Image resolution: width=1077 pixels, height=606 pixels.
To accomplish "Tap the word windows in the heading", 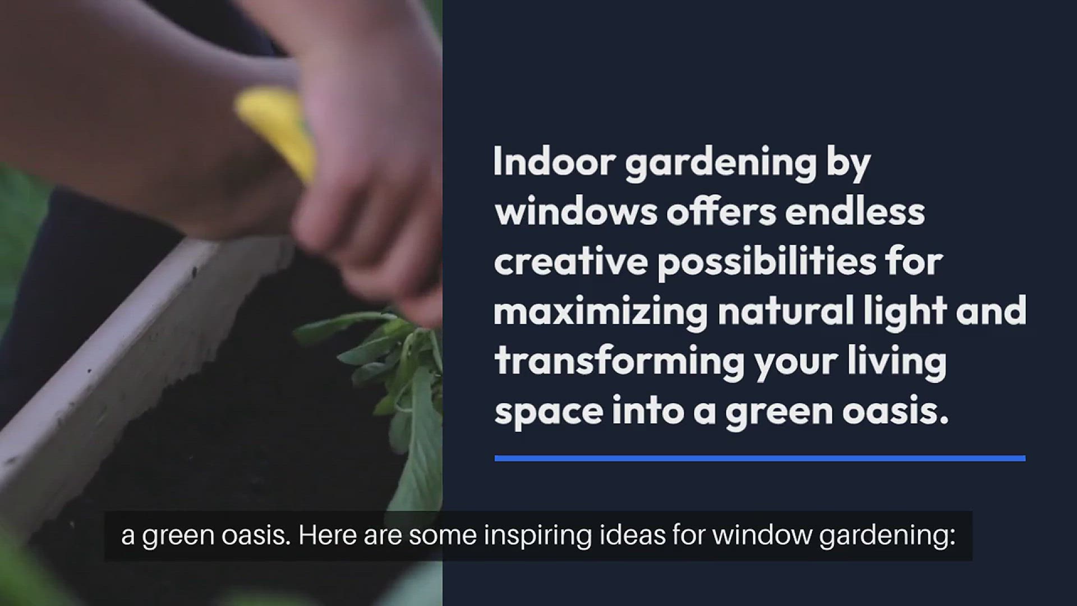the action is (576, 212).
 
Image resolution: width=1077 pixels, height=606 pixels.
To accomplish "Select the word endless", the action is (854, 212).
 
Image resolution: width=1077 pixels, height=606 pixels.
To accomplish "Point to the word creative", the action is (570, 262).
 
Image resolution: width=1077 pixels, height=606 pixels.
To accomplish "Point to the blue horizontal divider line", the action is (760, 458).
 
